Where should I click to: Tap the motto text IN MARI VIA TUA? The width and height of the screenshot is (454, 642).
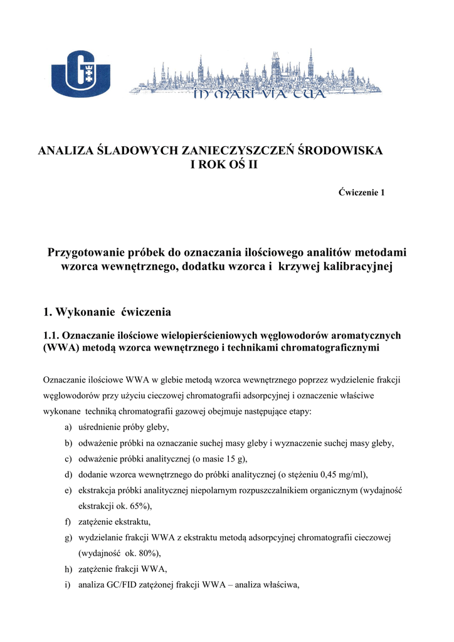(x=258, y=95)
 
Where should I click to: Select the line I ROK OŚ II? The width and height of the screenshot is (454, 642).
(x=223, y=165)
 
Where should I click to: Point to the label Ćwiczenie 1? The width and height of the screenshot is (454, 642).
(x=362, y=192)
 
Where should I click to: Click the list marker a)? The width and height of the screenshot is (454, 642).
(x=67, y=427)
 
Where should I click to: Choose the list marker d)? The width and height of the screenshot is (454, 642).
(x=67, y=474)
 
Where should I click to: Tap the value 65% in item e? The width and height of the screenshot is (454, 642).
(x=139, y=505)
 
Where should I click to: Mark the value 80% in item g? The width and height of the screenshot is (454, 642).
(x=147, y=553)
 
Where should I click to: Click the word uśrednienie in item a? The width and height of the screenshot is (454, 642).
(x=101, y=427)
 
